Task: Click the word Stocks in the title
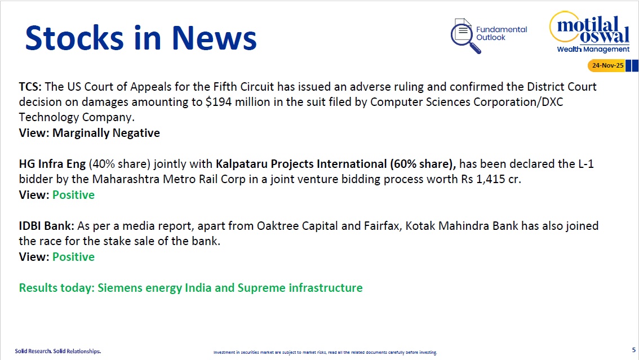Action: [x=74, y=38]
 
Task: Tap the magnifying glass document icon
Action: [x=464, y=36]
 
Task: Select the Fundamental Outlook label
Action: [x=502, y=33]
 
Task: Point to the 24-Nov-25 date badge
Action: [x=607, y=65]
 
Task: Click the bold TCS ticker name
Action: [x=30, y=87]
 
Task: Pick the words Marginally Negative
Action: [x=106, y=133]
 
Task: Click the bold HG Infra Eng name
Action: [x=52, y=164]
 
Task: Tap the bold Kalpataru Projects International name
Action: [x=301, y=164]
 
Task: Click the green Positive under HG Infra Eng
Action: [x=73, y=195]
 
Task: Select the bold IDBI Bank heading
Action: [x=46, y=226]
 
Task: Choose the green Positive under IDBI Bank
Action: [x=73, y=257]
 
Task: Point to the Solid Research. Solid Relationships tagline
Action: [x=58, y=351]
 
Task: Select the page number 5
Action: [x=634, y=350]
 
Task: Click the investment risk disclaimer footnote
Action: [x=325, y=352]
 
